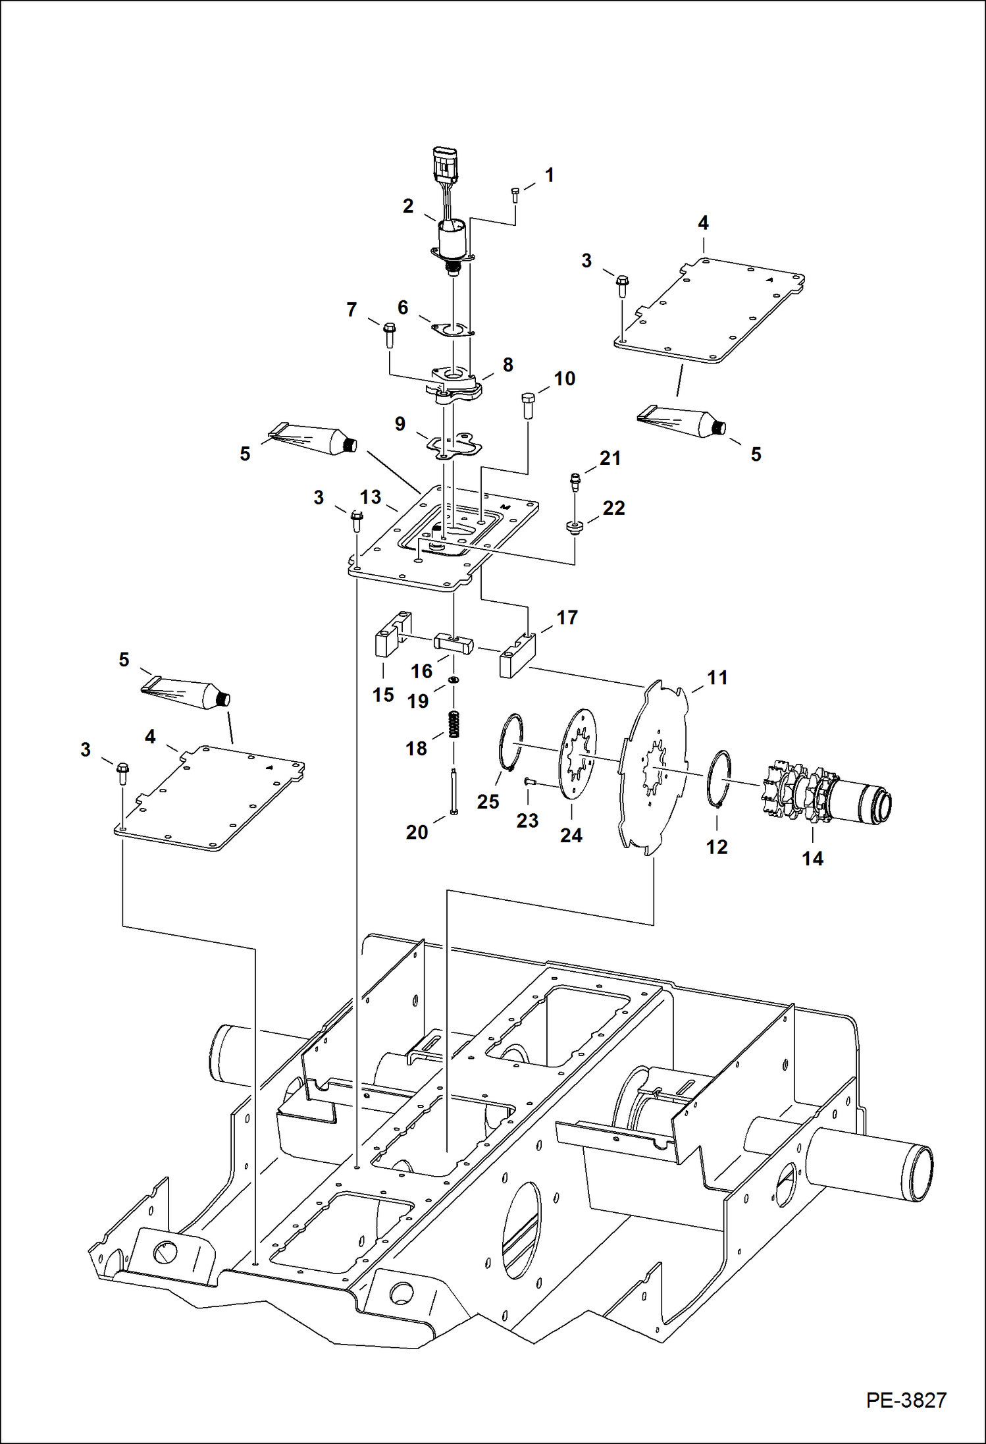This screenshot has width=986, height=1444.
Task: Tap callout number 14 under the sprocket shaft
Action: pos(812,859)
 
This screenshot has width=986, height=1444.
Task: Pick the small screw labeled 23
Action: pos(529,782)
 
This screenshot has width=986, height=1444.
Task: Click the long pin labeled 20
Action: pos(454,793)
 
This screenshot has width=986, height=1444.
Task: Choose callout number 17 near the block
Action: pos(566,618)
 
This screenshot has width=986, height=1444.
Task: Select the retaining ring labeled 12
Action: pos(719,777)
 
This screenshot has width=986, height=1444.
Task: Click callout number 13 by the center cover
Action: pos(370,497)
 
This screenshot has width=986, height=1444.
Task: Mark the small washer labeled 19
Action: pos(454,680)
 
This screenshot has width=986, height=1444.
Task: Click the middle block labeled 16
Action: pos(454,642)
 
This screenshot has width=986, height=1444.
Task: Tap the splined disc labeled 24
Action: pos(579,754)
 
